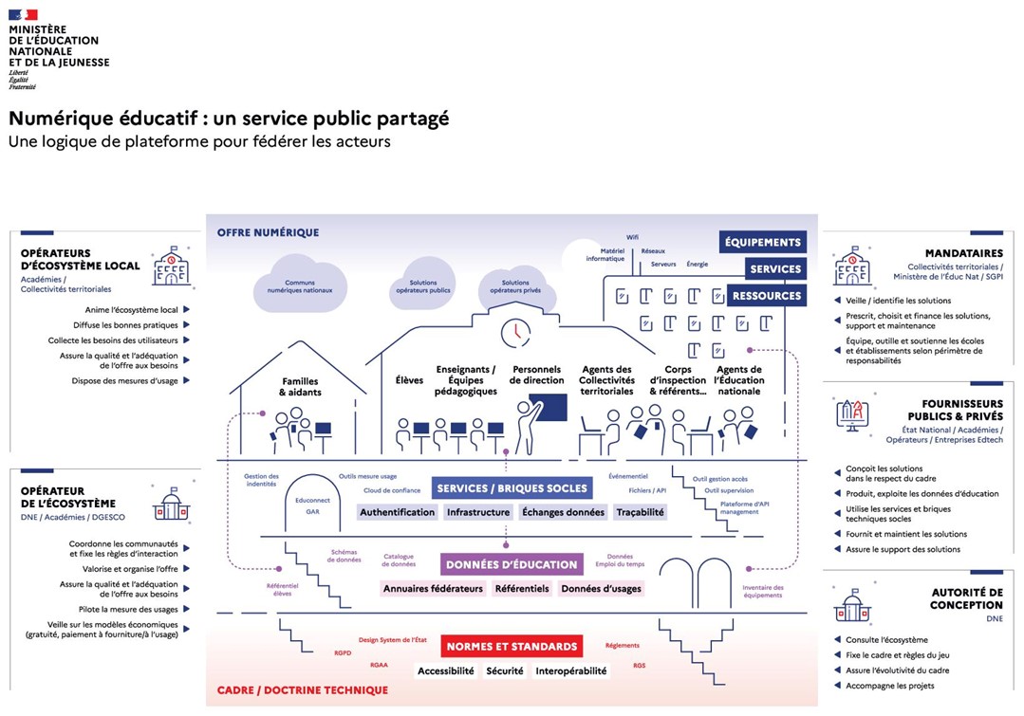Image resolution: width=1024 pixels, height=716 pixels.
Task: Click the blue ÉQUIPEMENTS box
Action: tap(763, 242)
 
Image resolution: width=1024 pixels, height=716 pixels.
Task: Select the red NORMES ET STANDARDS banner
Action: tap(511, 647)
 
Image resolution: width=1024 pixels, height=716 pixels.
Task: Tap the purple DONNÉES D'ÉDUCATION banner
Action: tap(511, 564)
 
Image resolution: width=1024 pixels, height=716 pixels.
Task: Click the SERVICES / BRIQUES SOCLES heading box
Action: tap(512, 488)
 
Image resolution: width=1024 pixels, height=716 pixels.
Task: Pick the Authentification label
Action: tap(397, 512)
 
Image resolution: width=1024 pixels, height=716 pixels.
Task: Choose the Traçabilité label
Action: tap(640, 512)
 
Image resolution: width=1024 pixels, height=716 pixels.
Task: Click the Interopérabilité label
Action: tap(570, 670)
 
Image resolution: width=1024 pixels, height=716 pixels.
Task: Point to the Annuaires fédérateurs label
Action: tap(433, 589)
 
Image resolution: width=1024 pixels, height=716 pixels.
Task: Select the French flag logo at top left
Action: tap(23, 14)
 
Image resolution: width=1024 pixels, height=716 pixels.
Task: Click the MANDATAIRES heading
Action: tap(964, 253)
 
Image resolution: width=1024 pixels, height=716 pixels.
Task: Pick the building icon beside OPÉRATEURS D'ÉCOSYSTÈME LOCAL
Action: tap(172, 266)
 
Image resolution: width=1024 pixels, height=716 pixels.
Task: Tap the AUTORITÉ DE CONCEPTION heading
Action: tap(966, 598)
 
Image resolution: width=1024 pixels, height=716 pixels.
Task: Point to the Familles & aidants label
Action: tap(300, 387)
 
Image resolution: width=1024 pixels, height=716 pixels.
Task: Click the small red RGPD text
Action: tap(342, 652)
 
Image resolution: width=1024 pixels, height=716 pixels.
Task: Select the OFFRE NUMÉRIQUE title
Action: tap(268, 232)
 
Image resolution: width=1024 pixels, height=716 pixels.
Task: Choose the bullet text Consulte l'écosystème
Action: tap(886, 640)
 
